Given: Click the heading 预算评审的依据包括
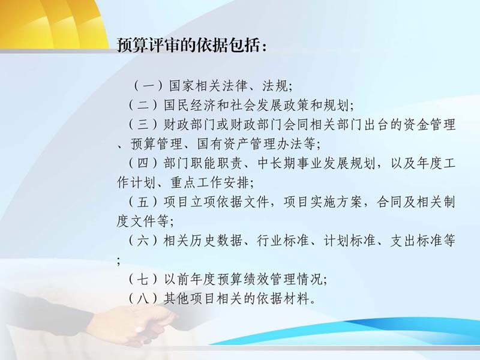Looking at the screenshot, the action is [188, 46].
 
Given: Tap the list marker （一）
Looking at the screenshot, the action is [148, 86].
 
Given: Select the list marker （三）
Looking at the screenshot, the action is [143, 125].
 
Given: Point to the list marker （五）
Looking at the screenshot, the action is [143, 202].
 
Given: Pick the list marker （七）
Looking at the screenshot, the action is [143, 280].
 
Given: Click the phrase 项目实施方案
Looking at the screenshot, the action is [323, 202].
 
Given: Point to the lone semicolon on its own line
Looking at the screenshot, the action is [119, 261].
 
